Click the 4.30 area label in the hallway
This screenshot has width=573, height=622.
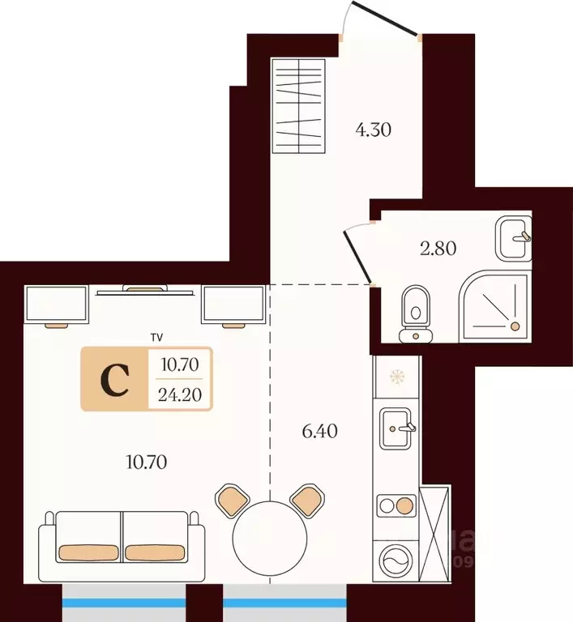pos(373,130)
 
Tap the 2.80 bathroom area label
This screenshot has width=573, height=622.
pos(438,249)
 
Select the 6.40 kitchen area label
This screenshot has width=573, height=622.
pos(319,431)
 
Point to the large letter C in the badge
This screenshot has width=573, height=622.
pos(115,380)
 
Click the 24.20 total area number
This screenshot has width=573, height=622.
pos(180,394)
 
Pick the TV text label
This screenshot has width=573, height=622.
pos(157,338)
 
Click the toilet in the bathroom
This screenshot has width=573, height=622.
pos(415,313)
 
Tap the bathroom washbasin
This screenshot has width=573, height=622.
pos(514,238)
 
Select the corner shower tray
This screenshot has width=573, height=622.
pos(494,306)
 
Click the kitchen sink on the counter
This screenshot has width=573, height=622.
pos(396,428)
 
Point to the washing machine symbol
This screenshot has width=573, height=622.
pos(396,560)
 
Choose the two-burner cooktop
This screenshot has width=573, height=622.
pos(396,505)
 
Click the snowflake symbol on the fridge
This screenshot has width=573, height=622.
pos(396,377)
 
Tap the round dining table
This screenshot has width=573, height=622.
pos(270,538)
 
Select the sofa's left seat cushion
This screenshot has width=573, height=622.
pos(88,553)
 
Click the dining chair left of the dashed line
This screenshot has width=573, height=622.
pos(233,501)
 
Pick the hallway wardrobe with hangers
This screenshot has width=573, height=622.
pos(298,106)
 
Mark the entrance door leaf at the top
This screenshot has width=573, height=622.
pos(384,19)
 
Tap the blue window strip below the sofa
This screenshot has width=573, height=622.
pos(124,603)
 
